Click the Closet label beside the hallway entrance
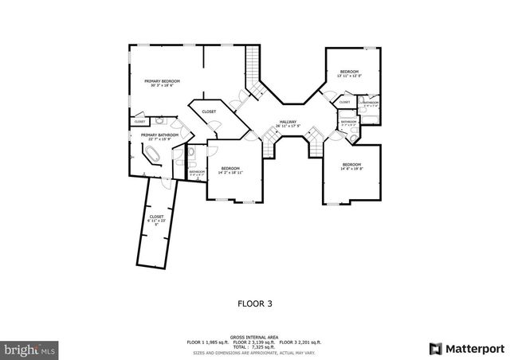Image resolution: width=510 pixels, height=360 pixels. click(209, 112)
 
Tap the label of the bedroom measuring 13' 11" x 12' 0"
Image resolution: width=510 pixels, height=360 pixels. click(350, 73)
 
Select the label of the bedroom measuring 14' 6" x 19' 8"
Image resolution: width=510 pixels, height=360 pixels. click(351, 166)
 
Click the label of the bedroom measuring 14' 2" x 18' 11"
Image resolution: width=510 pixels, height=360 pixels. click(231, 170)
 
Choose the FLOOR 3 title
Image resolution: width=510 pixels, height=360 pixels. click(256, 303)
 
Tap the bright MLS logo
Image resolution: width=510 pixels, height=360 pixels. click(30, 349)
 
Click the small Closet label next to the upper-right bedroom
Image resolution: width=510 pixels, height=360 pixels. click(345, 103)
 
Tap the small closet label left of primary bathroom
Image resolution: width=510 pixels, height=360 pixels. click(139, 122)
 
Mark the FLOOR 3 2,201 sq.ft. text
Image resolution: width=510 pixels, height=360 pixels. click(299, 342)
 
